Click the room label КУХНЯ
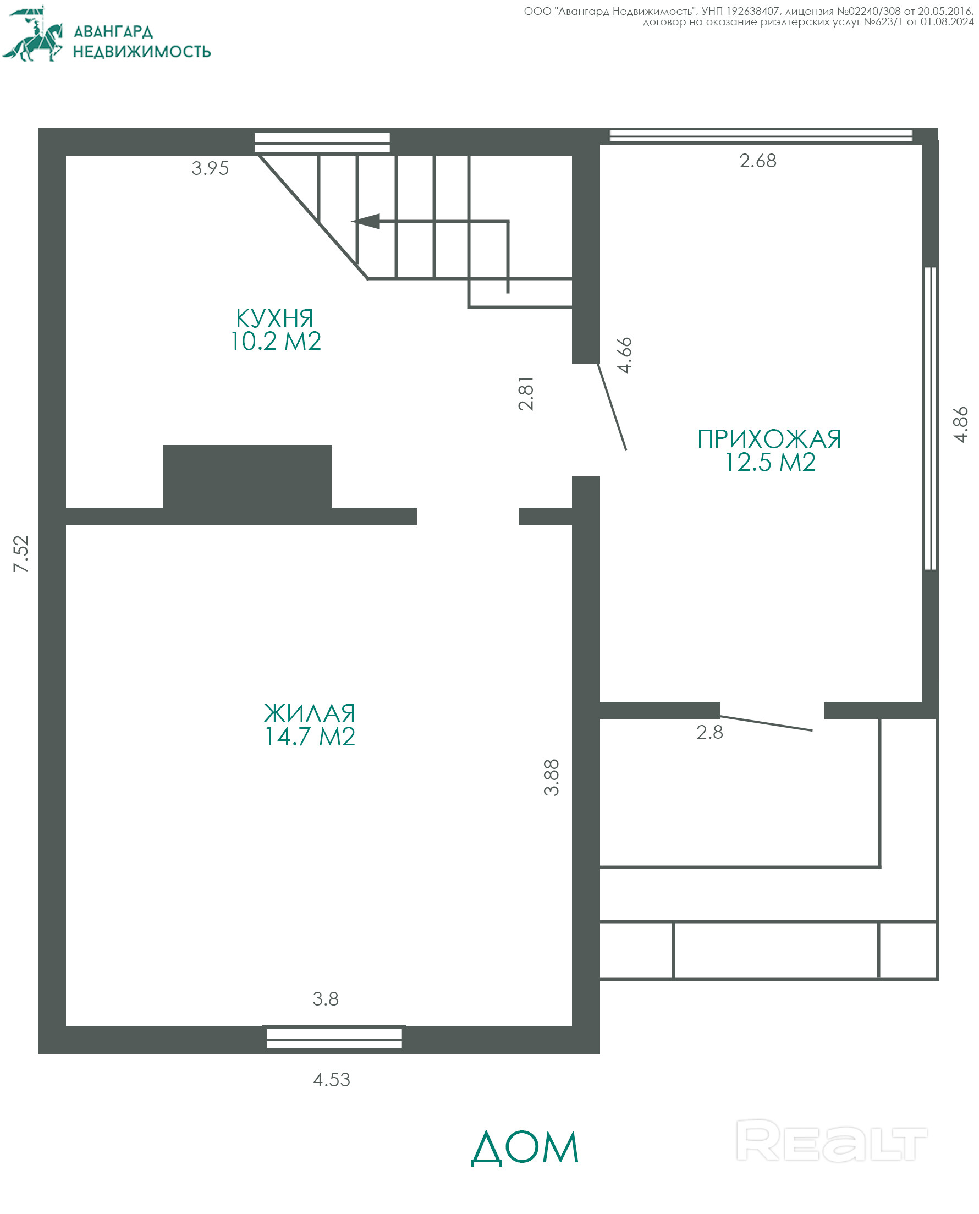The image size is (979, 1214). click(274, 318)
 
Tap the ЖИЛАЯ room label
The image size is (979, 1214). click(310, 714)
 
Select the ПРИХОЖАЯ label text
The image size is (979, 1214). click(769, 440)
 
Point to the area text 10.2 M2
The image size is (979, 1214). click(276, 341)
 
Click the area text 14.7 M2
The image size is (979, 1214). click(310, 737)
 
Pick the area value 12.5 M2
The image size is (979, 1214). click(771, 463)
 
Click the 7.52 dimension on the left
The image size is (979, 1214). click(21, 554)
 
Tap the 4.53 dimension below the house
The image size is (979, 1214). click(332, 1080)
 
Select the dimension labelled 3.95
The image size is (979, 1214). click(210, 168)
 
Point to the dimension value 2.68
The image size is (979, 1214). click(758, 161)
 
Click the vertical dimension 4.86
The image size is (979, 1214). click(960, 425)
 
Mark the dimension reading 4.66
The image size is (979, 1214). click(624, 355)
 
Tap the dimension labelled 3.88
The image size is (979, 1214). click(551, 778)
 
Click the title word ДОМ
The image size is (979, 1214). click(525, 1147)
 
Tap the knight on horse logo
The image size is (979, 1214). click(32, 34)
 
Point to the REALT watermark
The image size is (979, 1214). click(831, 1141)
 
